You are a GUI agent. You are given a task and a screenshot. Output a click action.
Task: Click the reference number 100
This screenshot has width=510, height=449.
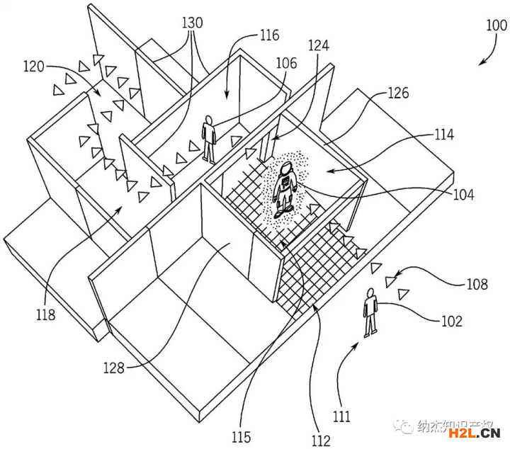(496, 26)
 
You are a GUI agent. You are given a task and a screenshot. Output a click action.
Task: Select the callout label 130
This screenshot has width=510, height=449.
(192, 23)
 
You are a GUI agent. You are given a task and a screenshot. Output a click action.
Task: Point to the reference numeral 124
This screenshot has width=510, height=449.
(319, 46)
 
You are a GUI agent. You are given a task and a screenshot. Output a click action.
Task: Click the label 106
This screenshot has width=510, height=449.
(286, 63)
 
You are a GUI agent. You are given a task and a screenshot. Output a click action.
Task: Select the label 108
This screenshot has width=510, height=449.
(477, 284)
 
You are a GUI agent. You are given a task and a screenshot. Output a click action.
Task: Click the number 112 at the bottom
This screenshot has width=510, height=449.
(320, 441)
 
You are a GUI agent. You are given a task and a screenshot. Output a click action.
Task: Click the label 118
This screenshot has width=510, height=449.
(45, 315)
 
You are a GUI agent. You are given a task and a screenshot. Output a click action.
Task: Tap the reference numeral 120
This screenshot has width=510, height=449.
(33, 67)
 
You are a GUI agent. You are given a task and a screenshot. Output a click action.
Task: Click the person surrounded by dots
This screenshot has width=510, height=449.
(286, 188)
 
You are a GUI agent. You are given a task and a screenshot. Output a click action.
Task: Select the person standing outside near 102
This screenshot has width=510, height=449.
(369, 312)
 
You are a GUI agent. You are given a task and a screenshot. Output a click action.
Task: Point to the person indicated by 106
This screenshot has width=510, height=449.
(209, 137)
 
